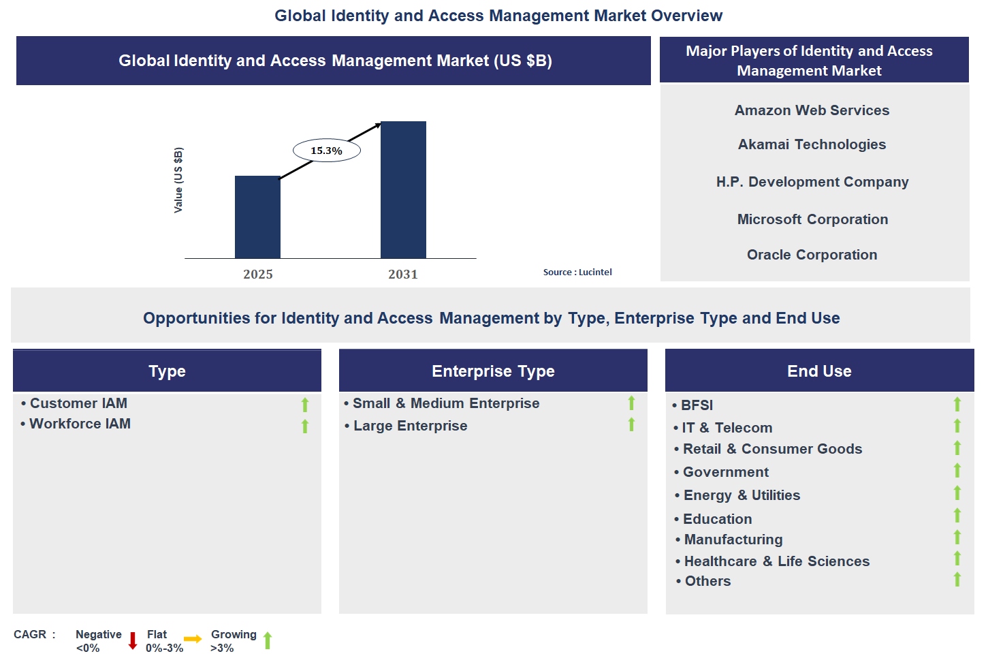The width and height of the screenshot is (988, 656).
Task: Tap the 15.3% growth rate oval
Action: [327, 151]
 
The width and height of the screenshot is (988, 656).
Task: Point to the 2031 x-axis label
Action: [403, 275]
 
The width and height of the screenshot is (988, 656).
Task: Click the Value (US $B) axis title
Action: [178, 180]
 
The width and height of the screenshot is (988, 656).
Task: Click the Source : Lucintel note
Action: [577, 272]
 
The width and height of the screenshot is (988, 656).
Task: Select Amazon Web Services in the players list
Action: [812, 110]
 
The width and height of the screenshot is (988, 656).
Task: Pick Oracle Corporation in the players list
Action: [812, 255]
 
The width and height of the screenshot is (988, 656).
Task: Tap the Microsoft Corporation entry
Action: [812, 219]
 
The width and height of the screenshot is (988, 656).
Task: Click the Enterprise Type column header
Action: [493, 371]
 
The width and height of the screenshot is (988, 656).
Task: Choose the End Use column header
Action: [819, 371]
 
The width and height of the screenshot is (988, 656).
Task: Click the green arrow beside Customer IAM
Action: [305, 405]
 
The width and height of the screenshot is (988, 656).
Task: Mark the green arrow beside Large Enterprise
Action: [632, 425]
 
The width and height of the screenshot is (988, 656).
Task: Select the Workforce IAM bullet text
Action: [80, 424]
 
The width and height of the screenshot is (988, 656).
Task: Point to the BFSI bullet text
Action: [697, 405]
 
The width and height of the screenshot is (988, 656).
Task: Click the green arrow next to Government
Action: [957, 471]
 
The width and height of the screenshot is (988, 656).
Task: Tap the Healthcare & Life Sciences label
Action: [776, 561]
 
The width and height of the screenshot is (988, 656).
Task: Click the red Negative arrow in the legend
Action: [133, 640]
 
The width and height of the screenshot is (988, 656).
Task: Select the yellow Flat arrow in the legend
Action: [193, 639]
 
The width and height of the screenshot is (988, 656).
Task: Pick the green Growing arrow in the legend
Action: [268, 640]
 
